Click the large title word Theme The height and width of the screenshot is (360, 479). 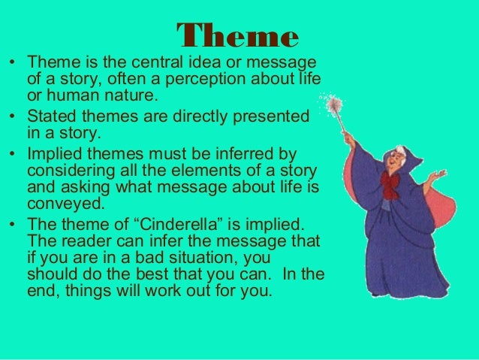point(238,34)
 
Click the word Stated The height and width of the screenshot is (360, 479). point(51,118)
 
